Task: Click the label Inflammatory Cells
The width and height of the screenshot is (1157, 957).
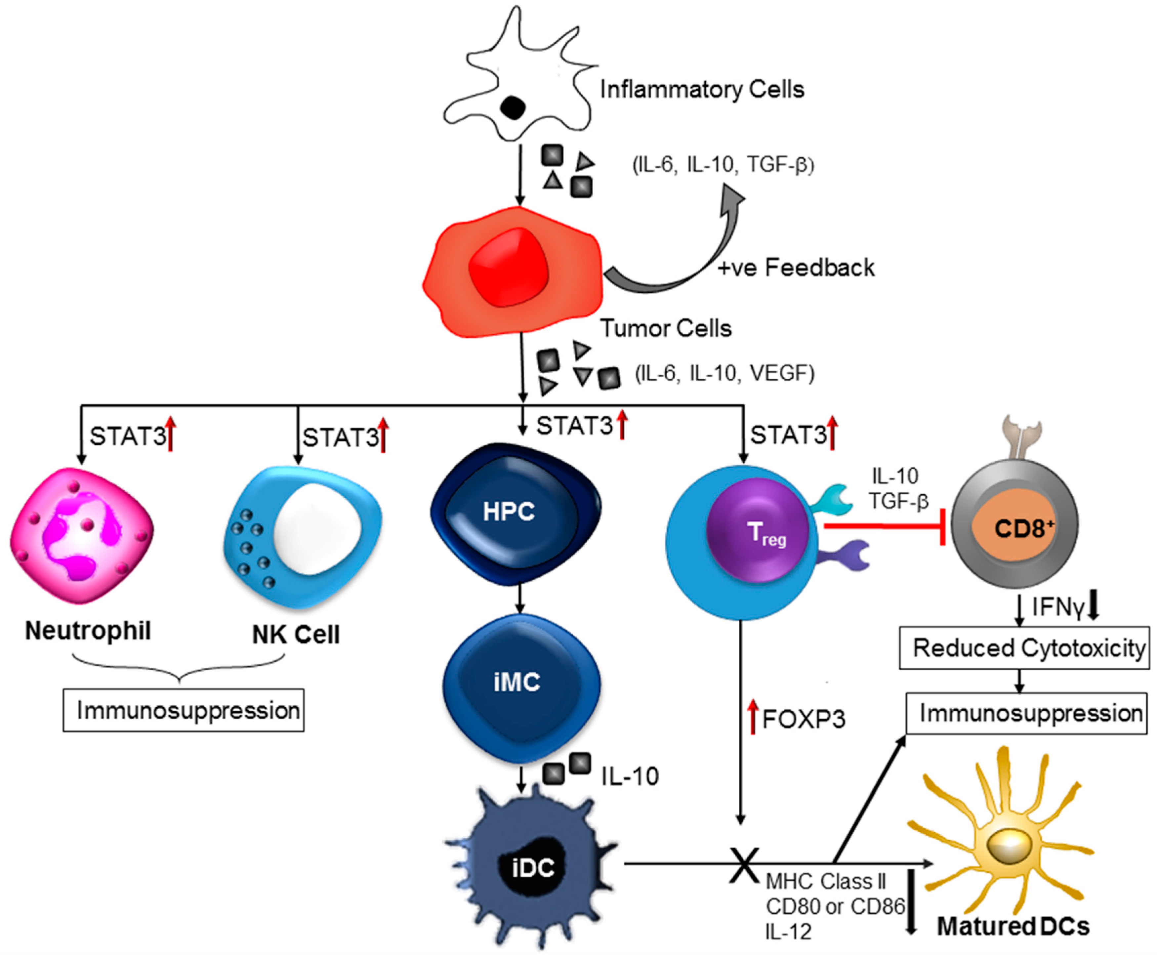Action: pos(701,89)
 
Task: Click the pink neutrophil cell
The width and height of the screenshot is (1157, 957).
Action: pos(82,533)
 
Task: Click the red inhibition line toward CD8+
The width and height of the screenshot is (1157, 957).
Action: pos(882,526)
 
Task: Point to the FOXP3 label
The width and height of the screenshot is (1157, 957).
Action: pos(803,720)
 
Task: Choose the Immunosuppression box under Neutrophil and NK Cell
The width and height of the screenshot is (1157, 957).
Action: pos(184,710)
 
